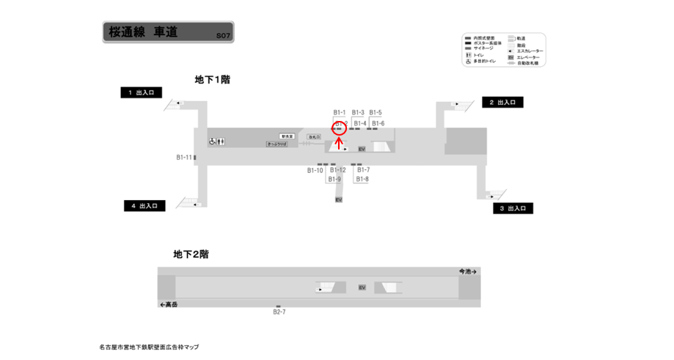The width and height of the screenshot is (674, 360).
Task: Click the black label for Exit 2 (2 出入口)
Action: pos(502,103)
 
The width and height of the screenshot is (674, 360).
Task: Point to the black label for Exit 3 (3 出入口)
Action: pos(512,208)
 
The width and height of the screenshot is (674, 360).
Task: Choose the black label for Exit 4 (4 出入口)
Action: pos(144,206)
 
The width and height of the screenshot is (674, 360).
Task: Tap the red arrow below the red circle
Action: pos(339,142)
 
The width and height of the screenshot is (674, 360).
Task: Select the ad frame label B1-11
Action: pos(183,157)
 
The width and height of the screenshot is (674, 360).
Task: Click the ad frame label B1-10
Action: pos(315,170)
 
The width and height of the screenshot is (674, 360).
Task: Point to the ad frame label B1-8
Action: pos(362,179)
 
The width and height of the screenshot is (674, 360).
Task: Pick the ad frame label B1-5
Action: pos(376,112)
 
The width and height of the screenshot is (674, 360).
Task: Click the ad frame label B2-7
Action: pos(279,312)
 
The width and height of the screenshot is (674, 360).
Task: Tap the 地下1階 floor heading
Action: pos(213,79)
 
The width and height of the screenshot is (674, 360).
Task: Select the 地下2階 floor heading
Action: pos(191,254)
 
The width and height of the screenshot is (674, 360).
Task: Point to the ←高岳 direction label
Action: pos(169,304)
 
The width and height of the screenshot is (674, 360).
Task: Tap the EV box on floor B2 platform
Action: pos(362,287)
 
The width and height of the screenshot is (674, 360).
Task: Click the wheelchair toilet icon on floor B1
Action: pos(212,141)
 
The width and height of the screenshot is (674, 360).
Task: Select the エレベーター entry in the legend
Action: pos(527,57)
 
